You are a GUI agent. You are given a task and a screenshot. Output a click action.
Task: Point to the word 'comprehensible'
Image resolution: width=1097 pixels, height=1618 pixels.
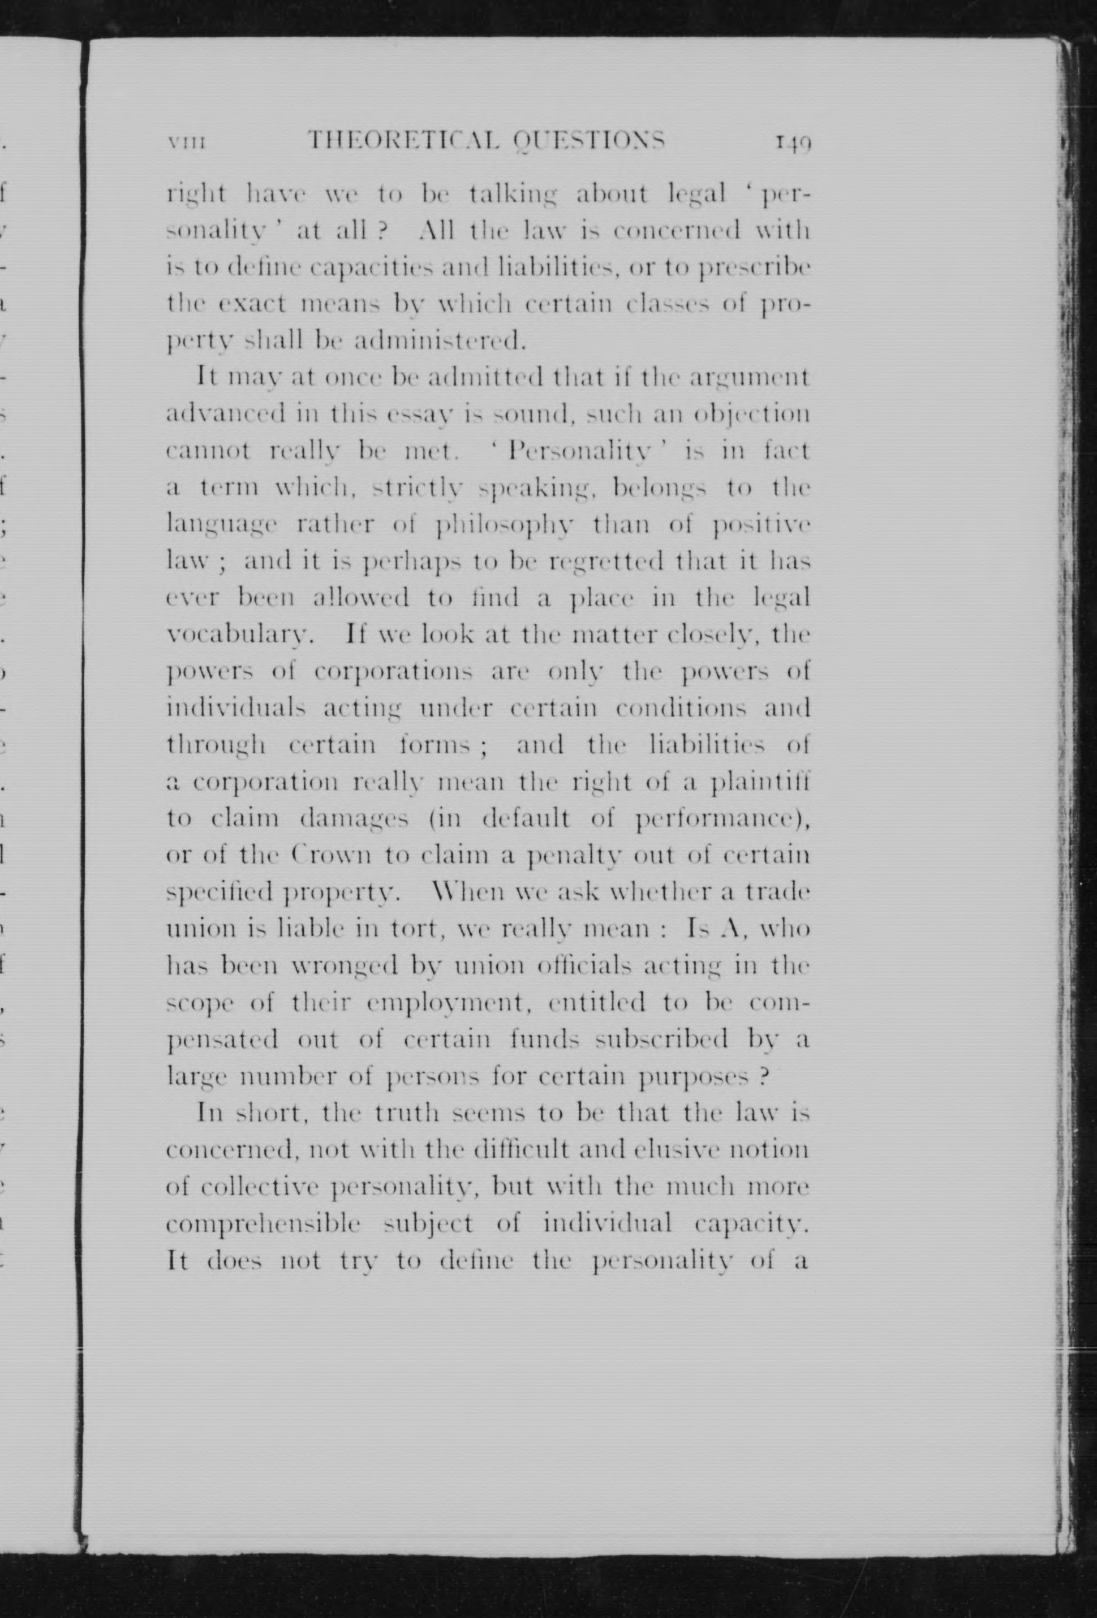[263, 1223]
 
